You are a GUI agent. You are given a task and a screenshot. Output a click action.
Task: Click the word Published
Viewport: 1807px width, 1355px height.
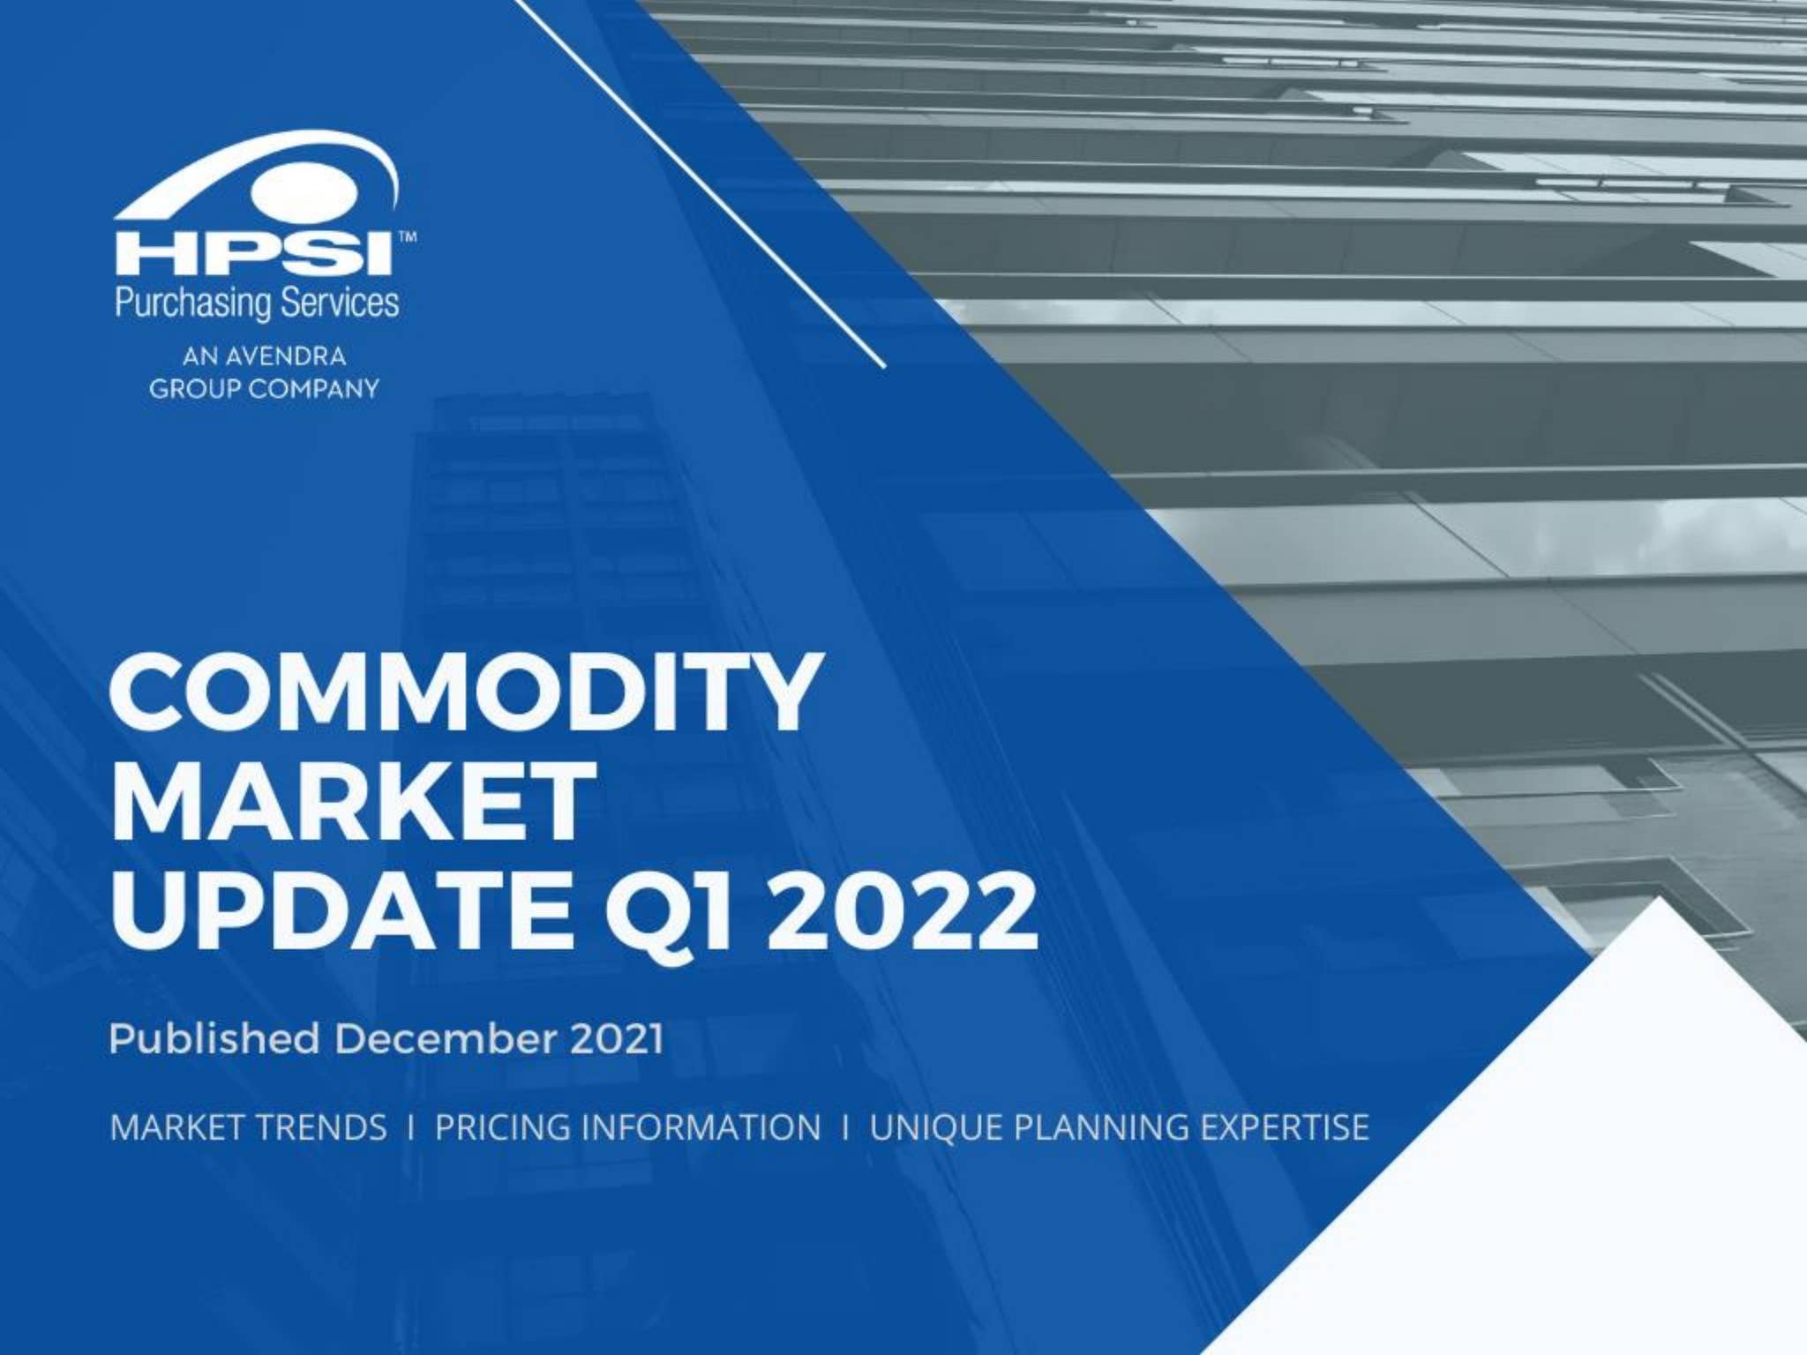214,1038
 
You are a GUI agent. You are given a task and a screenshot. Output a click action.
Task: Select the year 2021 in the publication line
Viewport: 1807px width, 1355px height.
617,1038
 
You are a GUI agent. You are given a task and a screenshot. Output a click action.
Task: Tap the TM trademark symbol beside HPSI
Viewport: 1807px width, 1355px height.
408,237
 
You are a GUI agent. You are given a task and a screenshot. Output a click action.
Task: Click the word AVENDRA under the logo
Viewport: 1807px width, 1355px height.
285,356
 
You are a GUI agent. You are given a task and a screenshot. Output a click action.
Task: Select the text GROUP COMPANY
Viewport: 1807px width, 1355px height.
264,388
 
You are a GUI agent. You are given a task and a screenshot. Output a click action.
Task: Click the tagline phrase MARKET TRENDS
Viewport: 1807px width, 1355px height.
248,1127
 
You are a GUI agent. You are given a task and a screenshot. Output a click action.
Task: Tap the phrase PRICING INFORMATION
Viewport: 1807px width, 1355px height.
627,1127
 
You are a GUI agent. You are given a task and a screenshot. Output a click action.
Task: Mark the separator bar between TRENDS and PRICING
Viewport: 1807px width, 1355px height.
411,1127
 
